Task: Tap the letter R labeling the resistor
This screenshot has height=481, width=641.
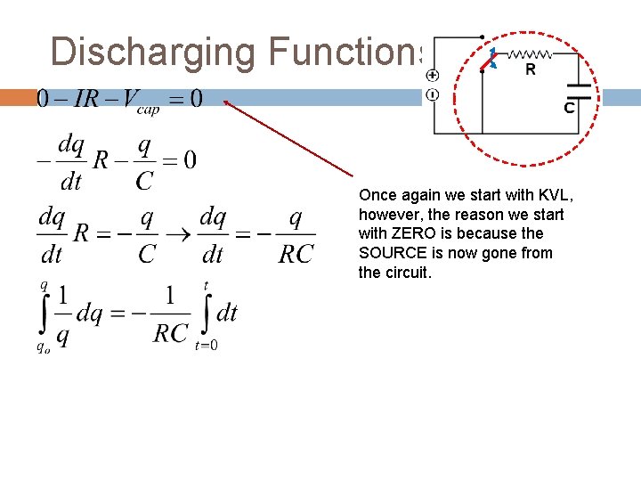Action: click(x=531, y=69)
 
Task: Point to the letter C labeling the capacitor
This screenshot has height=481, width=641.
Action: click(x=568, y=108)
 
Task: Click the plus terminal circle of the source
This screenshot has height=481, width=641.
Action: click(x=432, y=77)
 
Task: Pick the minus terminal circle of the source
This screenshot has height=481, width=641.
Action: click(x=432, y=94)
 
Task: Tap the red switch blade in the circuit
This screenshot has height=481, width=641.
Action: click(x=488, y=60)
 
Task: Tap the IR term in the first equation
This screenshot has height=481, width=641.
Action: click(x=85, y=97)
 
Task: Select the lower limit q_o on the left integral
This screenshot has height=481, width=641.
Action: click(x=43, y=347)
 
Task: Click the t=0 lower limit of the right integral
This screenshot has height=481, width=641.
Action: click(x=207, y=346)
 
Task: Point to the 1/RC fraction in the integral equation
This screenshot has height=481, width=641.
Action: click(x=171, y=318)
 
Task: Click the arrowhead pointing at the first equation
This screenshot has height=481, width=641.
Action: click(x=227, y=102)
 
